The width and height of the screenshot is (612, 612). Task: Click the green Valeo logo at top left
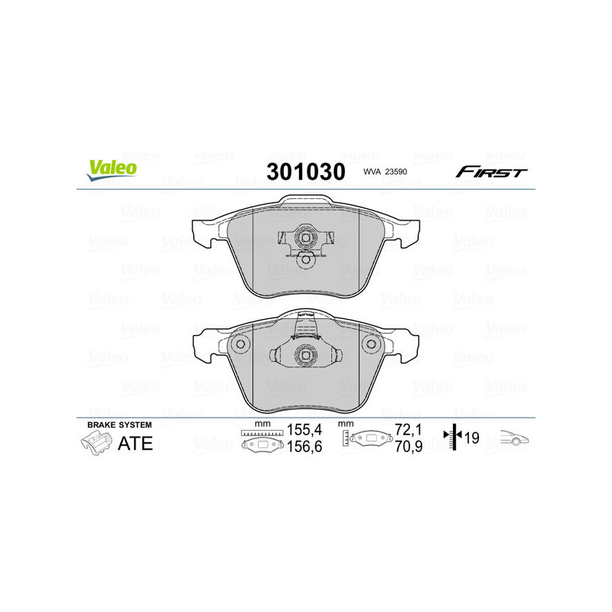click(x=112, y=170)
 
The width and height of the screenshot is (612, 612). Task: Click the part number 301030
click(x=305, y=171)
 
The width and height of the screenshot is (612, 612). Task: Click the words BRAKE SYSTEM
click(x=120, y=425)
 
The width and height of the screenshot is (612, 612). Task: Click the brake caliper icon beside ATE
click(x=96, y=443)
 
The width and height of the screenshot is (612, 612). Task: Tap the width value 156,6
click(x=302, y=447)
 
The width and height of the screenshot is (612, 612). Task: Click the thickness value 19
click(x=471, y=438)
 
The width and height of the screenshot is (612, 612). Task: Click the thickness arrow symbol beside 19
click(x=454, y=438)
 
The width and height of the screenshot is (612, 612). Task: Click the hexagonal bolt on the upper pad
click(x=305, y=239)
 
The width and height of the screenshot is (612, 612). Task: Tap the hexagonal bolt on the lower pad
click(x=305, y=355)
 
